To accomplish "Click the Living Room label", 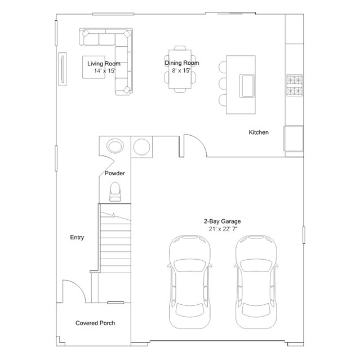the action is tap(104, 64).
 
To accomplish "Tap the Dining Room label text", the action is tap(182, 63).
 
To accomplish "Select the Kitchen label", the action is tap(259, 132).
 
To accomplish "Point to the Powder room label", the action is tap(115, 173).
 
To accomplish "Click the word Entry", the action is tap(77, 237).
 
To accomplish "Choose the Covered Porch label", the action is tap(95, 323).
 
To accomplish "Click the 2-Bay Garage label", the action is tap(222, 221).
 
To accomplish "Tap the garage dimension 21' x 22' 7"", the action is tap(223, 229).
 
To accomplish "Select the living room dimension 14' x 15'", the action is tap(104, 71).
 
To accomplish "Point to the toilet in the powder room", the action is tap(115, 192).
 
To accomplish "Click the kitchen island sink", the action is tap(247, 86).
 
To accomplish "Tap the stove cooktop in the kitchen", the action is tap(294, 85).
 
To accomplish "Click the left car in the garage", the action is tap(190, 282).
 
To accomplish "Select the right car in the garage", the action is tap(256, 282).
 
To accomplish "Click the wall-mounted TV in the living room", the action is tap(62, 69).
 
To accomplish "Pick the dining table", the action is tap(180, 69).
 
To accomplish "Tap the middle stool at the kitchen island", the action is tap(223, 83).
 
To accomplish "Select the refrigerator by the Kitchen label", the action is tap(294, 139).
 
